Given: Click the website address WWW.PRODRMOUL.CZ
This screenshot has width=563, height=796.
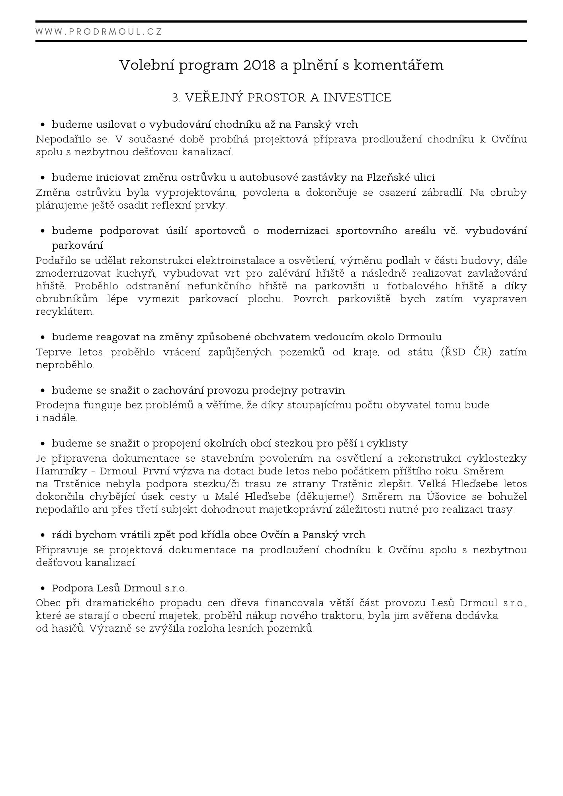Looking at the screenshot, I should (x=99, y=32).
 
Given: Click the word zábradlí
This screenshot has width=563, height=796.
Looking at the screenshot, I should (x=442, y=193).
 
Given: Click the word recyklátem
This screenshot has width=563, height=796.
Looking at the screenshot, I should (x=65, y=312).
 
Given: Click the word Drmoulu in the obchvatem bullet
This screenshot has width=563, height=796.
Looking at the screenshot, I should (x=420, y=337).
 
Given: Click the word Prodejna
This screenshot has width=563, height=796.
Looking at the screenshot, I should (x=58, y=405).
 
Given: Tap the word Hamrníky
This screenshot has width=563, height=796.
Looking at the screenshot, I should (x=63, y=471).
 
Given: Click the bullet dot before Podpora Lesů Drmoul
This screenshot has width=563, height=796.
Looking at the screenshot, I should (x=43, y=588).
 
